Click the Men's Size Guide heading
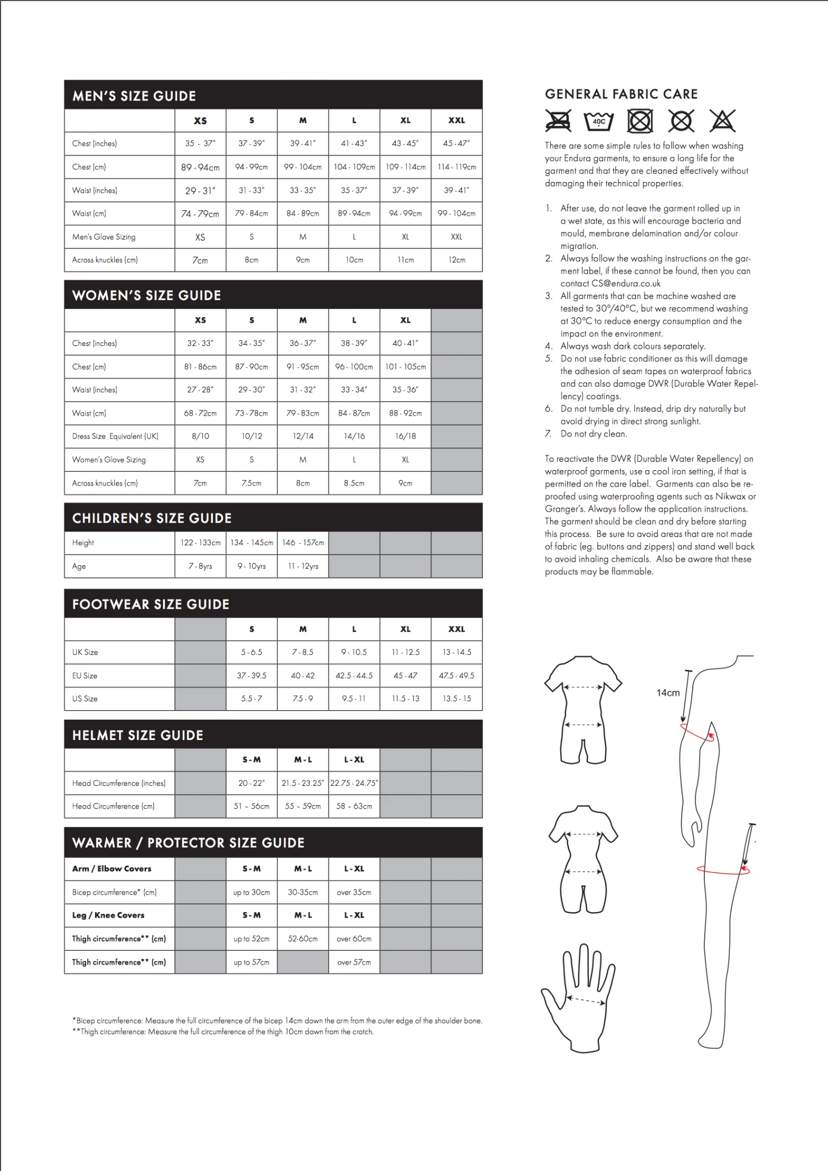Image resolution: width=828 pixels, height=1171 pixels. tap(134, 96)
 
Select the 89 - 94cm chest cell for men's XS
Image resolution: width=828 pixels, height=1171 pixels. tap(200, 167)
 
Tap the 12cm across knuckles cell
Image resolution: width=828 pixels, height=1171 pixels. tap(457, 260)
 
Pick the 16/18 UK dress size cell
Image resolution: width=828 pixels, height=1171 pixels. tap(405, 436)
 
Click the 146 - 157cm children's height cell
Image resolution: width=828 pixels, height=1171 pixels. tap(302, 542)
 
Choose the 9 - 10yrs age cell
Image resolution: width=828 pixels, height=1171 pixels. tap(252, 566)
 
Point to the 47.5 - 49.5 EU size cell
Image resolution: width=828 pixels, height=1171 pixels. tap(457, 675)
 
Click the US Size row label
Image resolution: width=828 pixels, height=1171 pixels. tap(85, 699)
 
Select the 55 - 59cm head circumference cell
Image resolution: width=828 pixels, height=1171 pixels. tap(302, 806)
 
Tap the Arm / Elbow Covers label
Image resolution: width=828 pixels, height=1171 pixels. tap(112, 869)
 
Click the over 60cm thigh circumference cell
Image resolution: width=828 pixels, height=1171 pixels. tap(354, 939)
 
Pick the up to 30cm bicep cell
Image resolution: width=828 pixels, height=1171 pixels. tap(252, 892)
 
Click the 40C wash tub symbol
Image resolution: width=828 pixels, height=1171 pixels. tap(599, 121)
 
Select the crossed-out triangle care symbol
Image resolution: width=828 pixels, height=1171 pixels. tap(722, 121)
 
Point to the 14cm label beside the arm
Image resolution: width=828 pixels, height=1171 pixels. tap(668, 693)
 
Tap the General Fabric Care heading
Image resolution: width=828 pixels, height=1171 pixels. tap(621, 94)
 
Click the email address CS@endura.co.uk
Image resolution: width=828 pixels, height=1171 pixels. tap(626, 284)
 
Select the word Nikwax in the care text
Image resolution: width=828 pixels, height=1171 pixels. tap(730, 497)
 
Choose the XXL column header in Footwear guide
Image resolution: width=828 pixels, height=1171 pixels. tap(457, 629)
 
